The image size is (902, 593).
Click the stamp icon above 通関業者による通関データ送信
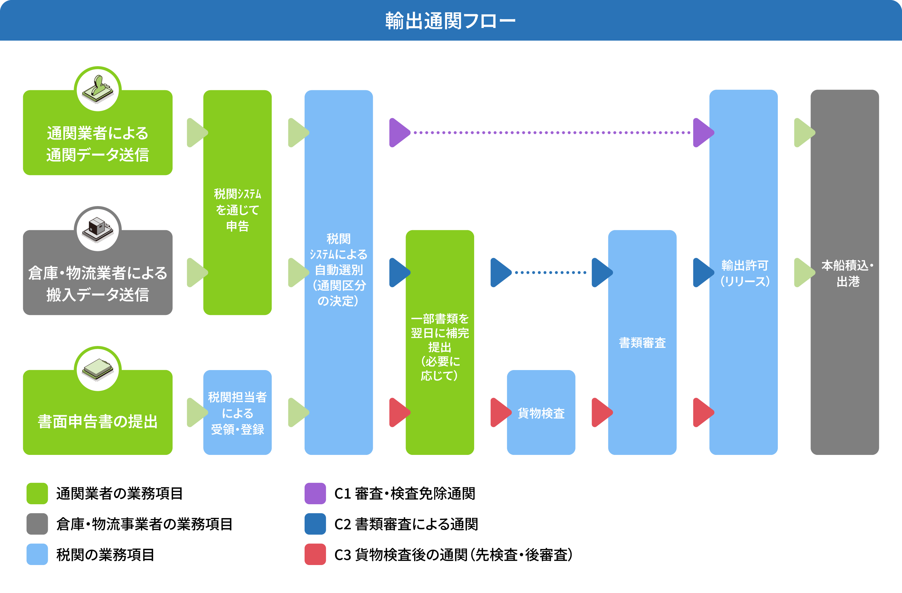coord(98,89)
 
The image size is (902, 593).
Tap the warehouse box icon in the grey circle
coord(98,229)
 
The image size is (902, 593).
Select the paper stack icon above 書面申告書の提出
coord(98,369)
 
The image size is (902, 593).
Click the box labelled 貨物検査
coord(541,412)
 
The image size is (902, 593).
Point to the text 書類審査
coord(642,343)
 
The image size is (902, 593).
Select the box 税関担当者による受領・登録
coord(237,412)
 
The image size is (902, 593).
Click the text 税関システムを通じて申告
coord(237,210)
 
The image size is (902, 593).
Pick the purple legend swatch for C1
coord(315,493)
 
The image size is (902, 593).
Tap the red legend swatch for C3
coord(315,554)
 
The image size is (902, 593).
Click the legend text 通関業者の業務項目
coord(119,493)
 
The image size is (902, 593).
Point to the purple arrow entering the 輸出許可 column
coord(702,133)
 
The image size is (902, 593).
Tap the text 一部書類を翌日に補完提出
coord(440,333)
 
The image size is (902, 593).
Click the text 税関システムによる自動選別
coord(339,262)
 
